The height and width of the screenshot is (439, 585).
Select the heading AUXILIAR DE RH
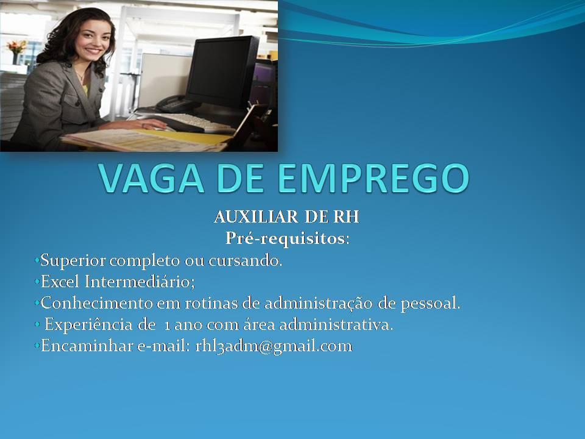[286, 217]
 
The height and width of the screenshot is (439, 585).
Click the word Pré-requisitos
[286, 239]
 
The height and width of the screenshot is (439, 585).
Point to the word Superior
[73, 260]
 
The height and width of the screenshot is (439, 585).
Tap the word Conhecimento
[97, 303]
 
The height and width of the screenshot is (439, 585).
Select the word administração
[318, 303]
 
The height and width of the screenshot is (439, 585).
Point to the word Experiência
[88, 324]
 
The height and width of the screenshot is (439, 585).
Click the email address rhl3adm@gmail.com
[274, 346]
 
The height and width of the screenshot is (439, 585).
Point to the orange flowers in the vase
[16, 46]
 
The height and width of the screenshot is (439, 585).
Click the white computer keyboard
[194, 123]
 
